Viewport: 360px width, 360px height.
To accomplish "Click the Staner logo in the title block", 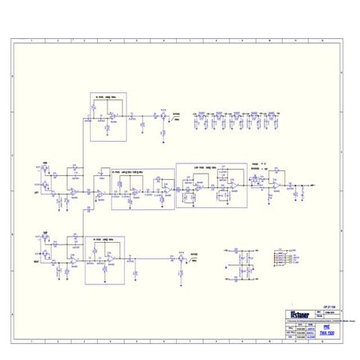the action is [x=296, y=313].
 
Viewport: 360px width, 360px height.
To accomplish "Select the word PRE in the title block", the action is [x=327, y=327].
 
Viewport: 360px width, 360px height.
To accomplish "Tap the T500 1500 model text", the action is [x=327, y=334].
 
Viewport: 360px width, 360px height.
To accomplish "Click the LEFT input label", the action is [x=36, y=192].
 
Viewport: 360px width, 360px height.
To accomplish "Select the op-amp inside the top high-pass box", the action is [x=112, y=117].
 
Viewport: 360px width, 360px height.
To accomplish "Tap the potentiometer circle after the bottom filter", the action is [x=182, y=258].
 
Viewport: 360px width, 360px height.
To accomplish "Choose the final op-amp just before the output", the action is [x=273, y=185].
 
